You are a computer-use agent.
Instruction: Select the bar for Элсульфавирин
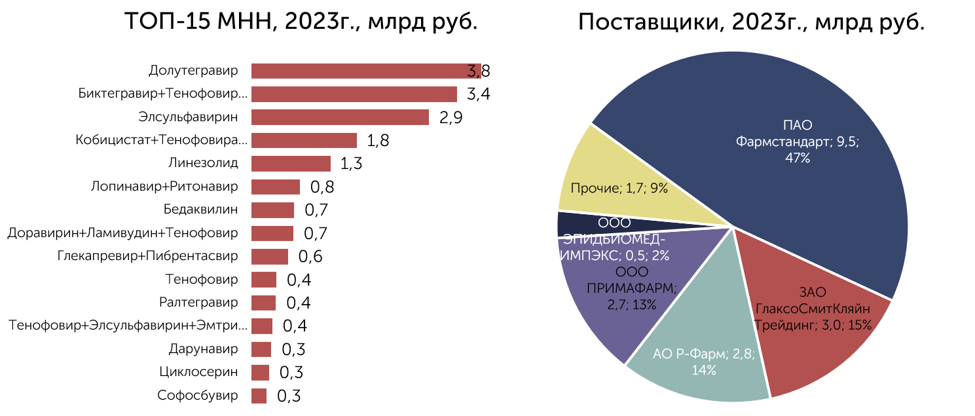(x=340, y=117)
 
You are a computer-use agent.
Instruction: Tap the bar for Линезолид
(x=291, y=163)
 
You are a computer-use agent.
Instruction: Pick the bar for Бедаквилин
(x=272, y=210)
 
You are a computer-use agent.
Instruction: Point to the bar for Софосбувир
(x=259, y=396)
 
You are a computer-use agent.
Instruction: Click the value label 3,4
(x=478, y=94)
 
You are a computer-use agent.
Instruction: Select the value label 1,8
(x=378, y=141)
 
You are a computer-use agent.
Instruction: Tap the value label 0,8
(x=322, y=187)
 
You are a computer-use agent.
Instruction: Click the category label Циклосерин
(x=198, y=372)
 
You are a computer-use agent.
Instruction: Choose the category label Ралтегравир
(x=198, y=303)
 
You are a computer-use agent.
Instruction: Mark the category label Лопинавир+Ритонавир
(x=164, y=187)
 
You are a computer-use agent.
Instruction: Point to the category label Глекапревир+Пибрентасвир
(x=147, y=256)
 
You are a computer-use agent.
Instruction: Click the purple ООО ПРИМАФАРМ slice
(x=602, y=308)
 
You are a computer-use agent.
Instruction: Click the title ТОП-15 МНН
(x=301, y=23)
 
